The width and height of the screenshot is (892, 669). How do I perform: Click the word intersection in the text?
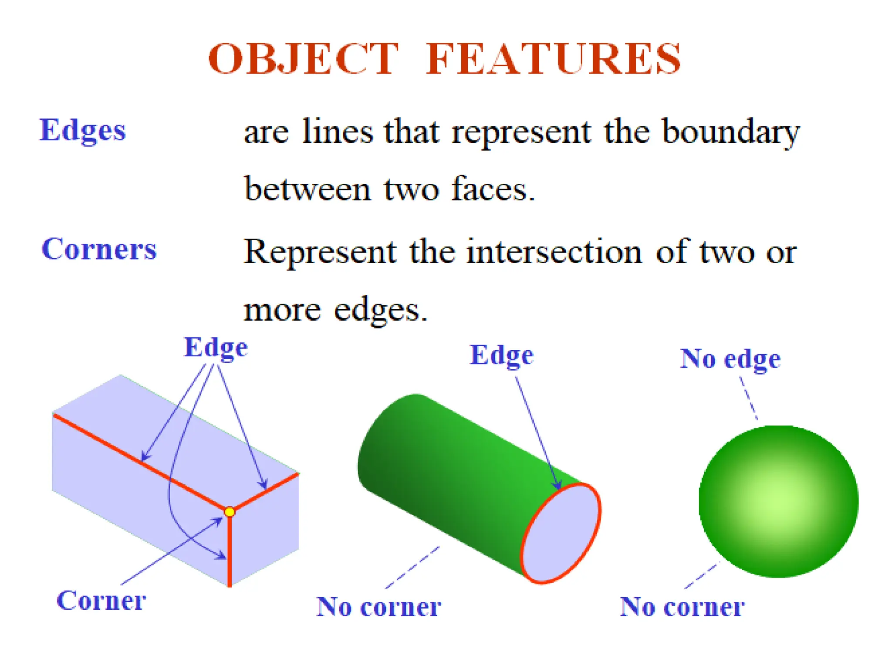click(554, 252)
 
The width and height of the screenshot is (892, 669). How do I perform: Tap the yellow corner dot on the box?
click(230, 512)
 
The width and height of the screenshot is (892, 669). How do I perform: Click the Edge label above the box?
click(216, 348)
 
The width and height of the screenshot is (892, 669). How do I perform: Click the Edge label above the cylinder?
click(501, 355)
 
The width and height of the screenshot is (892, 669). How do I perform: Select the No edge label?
click(730, 359)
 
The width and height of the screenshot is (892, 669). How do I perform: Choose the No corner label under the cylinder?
click(378, 606)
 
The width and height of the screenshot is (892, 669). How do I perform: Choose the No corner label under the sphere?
click(682, 606)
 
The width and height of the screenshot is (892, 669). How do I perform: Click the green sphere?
click(778, 501)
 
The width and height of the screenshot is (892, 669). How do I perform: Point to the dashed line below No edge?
click(748, 398)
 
